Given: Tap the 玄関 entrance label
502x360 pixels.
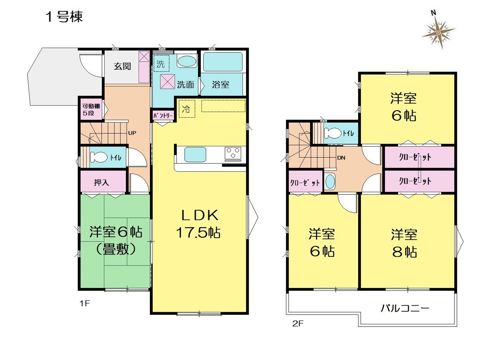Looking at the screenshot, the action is click(x=122, y=66).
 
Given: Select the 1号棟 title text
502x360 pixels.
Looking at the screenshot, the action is click(x=64, y=17).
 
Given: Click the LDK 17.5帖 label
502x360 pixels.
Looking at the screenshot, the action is click(x=198, y=224).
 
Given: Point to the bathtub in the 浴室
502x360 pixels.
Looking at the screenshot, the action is click(x=223, y=62).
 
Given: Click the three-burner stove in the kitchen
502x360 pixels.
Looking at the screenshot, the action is click(x=233, y=153).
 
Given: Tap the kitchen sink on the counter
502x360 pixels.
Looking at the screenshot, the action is click(x=195, y=154).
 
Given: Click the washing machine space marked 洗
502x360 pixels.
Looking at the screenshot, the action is click(x=161, y=63).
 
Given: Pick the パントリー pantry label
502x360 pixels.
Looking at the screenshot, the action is click(x=163, y=116).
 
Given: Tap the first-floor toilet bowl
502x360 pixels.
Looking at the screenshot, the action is click(x=98, y=157).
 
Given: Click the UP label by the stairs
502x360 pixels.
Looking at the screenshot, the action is click(x=132, y=133).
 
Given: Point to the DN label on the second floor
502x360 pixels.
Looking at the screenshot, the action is click(x=341, y=158).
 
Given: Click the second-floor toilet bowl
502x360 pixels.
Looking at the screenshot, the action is click(x=333, y=133).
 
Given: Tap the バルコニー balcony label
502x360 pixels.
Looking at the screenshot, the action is click(x=405, y=309).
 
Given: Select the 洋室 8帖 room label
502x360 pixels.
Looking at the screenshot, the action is click(x=404, y=243).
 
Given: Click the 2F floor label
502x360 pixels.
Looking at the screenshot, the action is click(x=298, y=324).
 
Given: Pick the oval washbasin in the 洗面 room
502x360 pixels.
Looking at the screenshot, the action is click(x=186, y=62).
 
